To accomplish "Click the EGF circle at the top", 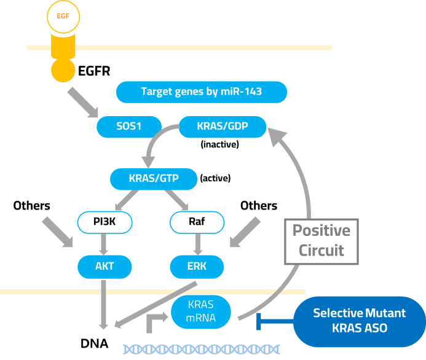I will click(63, 16).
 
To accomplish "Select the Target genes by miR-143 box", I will click(202, 92).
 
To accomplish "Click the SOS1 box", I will click(129, 127).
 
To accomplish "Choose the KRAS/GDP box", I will click(222, 127).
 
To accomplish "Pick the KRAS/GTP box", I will click(154, 179).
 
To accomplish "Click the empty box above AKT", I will click(105, 222).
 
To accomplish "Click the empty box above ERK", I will click(197, 222).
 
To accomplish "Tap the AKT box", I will click(105, 267).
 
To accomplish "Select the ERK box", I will click(197, 267).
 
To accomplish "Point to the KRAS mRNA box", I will click(201, 311).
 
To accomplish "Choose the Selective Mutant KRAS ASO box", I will click(359, 321).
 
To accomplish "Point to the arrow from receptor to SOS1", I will click(82, 102).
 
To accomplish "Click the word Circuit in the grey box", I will click(321, 251).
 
